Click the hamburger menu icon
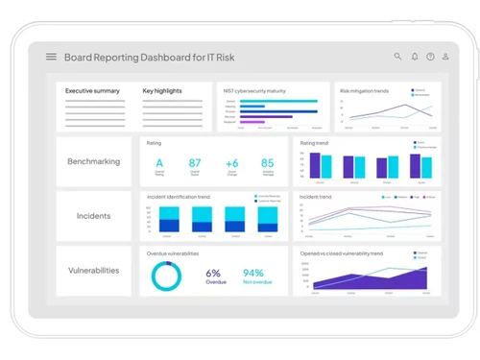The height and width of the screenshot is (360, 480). pos(51,57)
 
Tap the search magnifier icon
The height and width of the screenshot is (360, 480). pos(398,57)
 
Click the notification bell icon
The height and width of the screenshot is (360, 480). pos(415,57)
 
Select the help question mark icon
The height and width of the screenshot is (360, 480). pos(431,57)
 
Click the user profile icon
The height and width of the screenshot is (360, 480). pos(446,57)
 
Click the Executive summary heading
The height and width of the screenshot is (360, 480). pos(92,91)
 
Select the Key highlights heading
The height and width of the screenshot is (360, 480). pos(162,91)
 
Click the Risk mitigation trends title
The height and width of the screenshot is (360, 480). pos(363,89)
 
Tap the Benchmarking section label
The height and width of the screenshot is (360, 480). pos(93,161)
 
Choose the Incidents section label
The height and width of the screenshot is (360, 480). pos(93,216)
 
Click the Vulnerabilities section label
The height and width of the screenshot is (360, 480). pos(93,270)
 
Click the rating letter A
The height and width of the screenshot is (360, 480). pos(159,163)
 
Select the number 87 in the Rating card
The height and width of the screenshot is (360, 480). pos(195,163)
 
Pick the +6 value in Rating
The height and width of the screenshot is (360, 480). pos(231,163)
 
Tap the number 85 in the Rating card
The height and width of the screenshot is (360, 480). pos(267,163)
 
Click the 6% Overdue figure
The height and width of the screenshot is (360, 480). pos(213,273)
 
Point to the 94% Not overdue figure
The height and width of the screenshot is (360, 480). pos(253,273)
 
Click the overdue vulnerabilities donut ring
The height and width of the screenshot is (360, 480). pos(167,277)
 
